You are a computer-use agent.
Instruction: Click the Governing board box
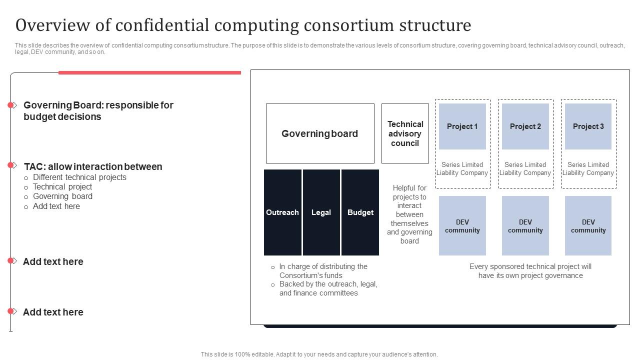click(x=320, y=133)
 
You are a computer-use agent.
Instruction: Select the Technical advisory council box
click(x=405, y=133)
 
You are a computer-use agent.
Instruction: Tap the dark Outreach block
click(x=282, y=212)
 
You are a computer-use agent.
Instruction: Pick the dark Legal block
click(x=321, y=212)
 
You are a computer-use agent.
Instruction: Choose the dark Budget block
click(x=360, y=212)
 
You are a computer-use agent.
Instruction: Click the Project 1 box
click(x=462, y=126)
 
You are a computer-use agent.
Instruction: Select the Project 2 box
click(x=525, y=126)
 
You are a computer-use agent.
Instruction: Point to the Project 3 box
click(x=588, y=126)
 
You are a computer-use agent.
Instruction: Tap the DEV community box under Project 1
click(x=462, y=226)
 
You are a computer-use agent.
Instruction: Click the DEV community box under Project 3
click(x=588, y=226)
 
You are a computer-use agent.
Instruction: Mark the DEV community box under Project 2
click(x=525, y=226)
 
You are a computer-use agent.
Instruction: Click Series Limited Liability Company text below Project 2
click(x=525, y=168)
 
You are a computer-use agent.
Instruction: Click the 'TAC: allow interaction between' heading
click(x=93, y=166)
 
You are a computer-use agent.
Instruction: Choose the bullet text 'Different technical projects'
click(x=79, y=177)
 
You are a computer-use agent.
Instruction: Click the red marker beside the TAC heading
click(x=10, y=165)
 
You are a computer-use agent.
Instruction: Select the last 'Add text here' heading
click(x=53, y=312)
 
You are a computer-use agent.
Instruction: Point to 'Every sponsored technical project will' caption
click(x=530, y=266)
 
